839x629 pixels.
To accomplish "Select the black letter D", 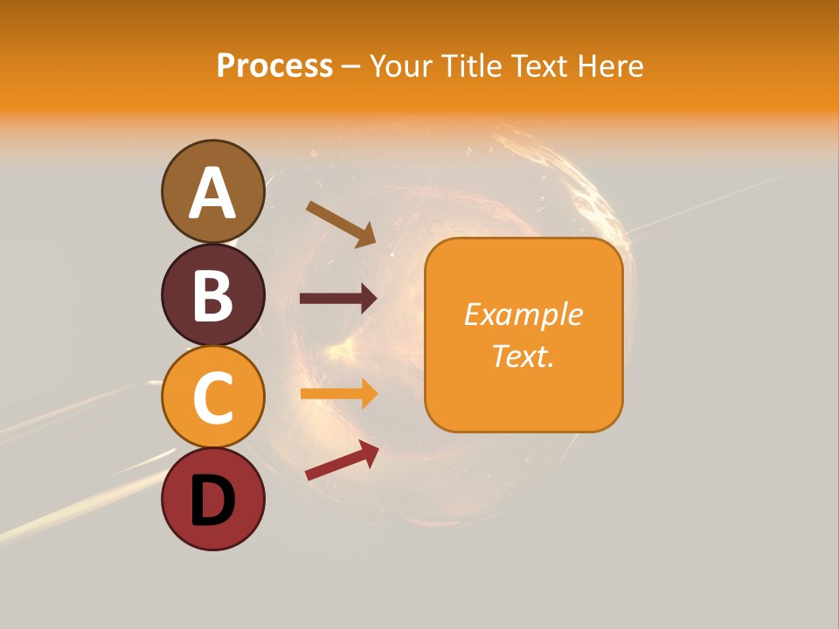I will pyautogui.click(x=212, y=501).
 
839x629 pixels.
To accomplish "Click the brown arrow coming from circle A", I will pyautogui.click(x=340, y=223).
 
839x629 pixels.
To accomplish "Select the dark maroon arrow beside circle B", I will pyautogui.click(x=337, y=299).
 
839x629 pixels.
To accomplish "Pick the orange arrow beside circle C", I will pyautogui.click(x=337, y=394).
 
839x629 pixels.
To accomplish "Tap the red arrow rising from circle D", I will pyautogui.click(x=341, y=460).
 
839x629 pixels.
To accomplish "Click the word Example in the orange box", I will pyautogui.click(x=523, y=314).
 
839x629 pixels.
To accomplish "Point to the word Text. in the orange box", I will pyautogui.click(x=523, y=356).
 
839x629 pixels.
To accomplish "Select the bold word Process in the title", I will pyautogui.click(x=274, y=66).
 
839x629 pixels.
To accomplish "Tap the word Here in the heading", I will pyautogui.click(x=610, y=66).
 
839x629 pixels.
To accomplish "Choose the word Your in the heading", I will pyautogui.click(x=399, y=66).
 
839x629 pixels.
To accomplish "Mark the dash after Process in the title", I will pyautogui.click(x=350, y=66).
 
